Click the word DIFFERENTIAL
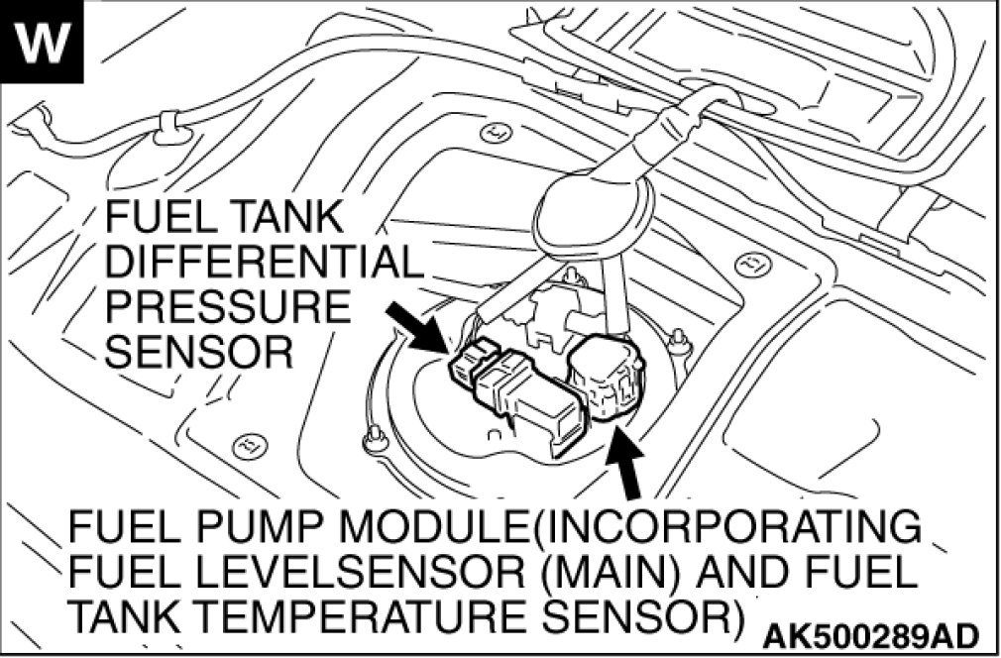263,263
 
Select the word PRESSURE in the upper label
228,307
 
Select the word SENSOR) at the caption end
645,616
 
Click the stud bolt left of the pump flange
374,437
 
